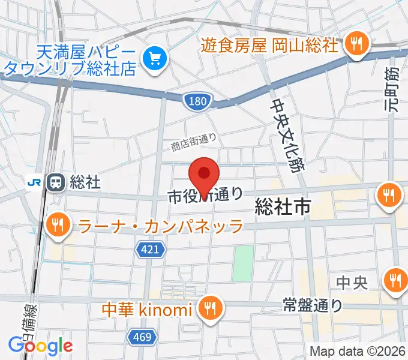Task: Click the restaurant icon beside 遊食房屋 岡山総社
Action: click(356, 43)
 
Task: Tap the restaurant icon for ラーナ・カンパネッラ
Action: click(58, 226)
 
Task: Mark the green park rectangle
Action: click(243, 263)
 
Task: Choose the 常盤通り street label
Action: click(313, 306)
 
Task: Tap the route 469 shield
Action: click(142, 337)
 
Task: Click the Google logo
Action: click(41, 346)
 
